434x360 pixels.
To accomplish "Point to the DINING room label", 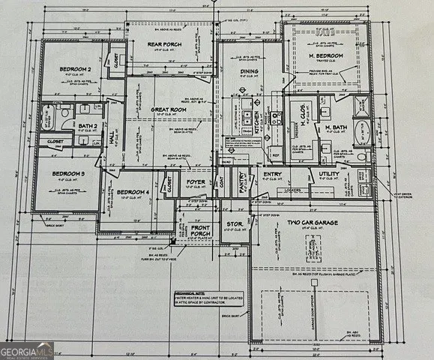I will tap(249, 71).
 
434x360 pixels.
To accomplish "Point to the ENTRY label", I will tap(272, 175).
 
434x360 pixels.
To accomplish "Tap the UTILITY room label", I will tap(328, 174).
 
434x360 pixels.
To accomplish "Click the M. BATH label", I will tap(324, 128).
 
